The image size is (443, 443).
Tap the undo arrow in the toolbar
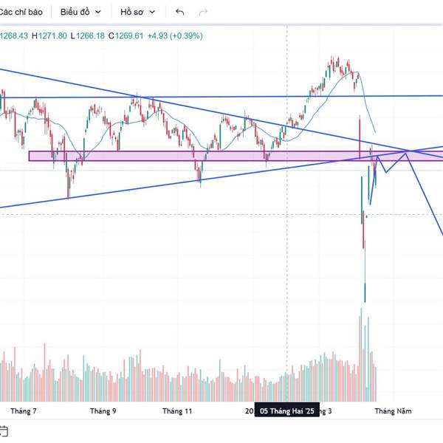180,12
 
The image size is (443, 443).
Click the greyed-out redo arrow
204,12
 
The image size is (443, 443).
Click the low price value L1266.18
88,35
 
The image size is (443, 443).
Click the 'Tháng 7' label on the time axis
24,411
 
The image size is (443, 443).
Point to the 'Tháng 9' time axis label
103,411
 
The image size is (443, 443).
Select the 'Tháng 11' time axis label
177,411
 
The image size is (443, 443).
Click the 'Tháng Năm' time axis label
393,411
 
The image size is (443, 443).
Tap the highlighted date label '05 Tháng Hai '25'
287,411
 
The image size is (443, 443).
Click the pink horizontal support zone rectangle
185,156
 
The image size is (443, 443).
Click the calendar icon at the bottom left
4,430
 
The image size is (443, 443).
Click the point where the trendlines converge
407,151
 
